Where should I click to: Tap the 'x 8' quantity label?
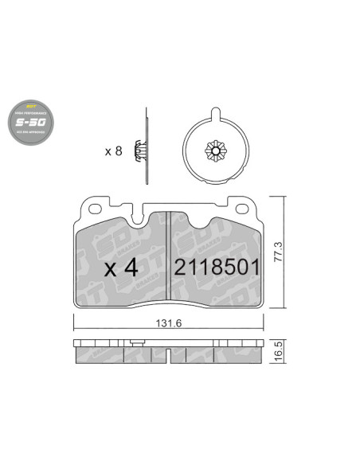113,150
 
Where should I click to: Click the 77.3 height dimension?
278,253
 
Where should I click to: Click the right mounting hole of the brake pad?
243,211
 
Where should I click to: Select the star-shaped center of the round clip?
217,150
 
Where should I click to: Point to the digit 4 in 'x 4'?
132,268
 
